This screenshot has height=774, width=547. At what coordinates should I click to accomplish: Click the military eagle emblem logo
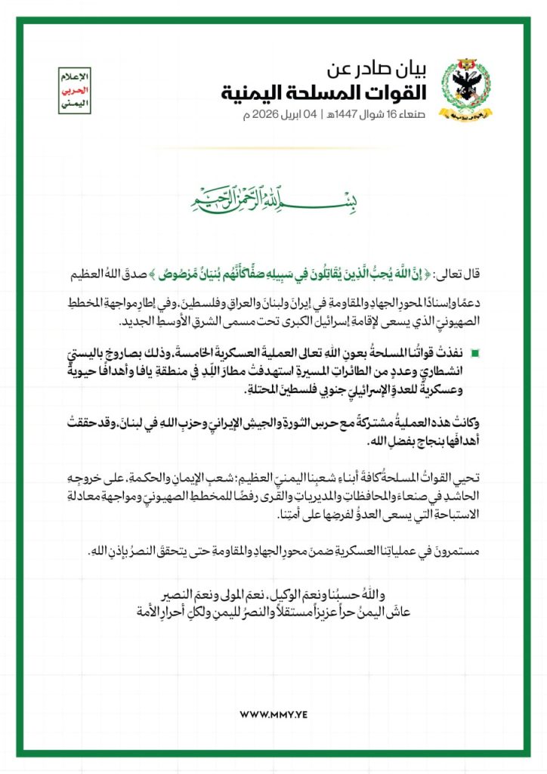[464, 92]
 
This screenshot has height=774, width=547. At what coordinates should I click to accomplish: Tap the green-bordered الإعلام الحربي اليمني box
[74, 91]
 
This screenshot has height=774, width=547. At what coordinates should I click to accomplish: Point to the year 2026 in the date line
[276, 116]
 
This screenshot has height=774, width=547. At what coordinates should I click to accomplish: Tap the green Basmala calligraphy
[273, 198]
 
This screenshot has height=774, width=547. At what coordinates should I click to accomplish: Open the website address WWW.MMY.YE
[273, 714]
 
